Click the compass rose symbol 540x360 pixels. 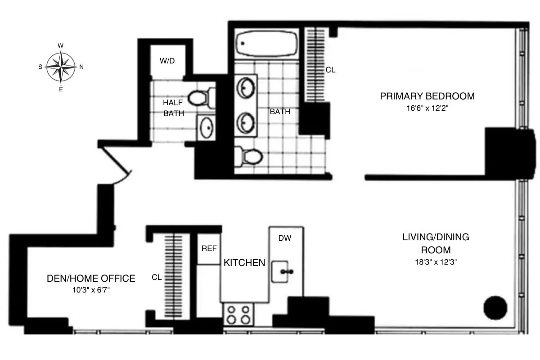(61, 67)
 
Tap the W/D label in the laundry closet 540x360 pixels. (167, 61)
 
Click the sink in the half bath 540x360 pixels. (207, 128)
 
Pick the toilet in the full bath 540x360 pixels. (249, 157)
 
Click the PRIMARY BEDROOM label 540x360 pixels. (427, 96)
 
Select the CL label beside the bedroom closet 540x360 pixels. (331, 70)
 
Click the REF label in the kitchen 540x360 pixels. (209, 248)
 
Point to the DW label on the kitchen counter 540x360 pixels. (284, 238)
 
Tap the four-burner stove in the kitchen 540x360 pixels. (238, 314)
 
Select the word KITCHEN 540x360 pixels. (244, 263)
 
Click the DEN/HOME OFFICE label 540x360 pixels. (91, 279)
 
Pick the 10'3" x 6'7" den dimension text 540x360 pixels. (91, 290)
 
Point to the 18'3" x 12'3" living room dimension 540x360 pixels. (436, 262)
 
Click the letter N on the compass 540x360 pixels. (81, 67)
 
